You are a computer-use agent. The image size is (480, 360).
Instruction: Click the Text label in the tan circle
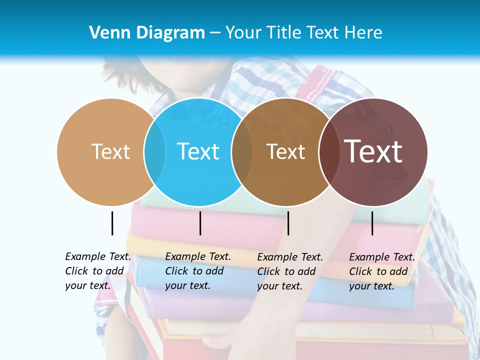click(x=110, y=151)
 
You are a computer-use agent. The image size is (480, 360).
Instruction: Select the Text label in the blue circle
click(x=198, y=151)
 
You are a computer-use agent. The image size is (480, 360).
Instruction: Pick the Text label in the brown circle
click(x=285, y=151)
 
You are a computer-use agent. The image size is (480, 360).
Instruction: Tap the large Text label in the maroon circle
click(x=373, y=151)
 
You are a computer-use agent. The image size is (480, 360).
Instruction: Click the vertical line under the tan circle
click(x=112, y=223)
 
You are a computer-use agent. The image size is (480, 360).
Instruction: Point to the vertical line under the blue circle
click(x=200, y=223)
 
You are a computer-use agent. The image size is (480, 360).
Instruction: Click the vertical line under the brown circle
click(x=288, y=223)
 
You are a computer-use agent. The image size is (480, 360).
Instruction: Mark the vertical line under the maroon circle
click(x=372, y=223)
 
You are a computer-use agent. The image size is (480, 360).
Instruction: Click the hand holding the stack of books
click(x=222, y=342)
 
